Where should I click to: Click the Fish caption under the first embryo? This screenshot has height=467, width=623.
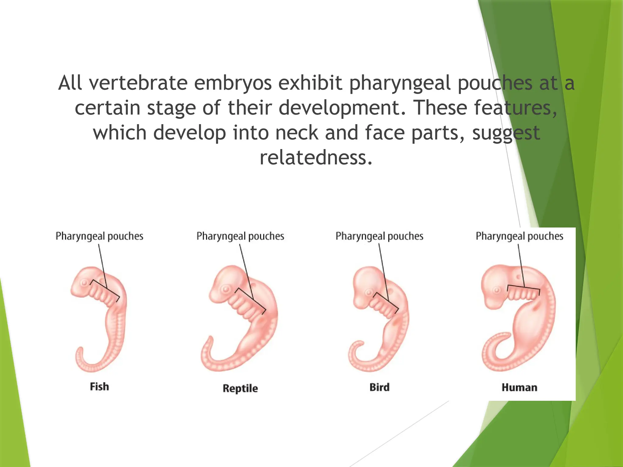click(99, 387)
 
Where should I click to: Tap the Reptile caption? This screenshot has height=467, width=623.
click(240, 388)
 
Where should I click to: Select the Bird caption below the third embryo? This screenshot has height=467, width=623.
click(379, 387)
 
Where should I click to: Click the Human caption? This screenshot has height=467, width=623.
click(519, 387)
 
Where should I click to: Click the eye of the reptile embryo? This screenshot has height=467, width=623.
click(225, 289)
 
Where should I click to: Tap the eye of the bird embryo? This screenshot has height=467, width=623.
click(369, 293)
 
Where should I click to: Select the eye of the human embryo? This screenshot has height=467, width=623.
click(496, 290)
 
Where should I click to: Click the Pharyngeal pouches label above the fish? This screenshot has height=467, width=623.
click(99, 236)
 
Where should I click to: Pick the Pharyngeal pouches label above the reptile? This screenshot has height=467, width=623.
click(240, 236)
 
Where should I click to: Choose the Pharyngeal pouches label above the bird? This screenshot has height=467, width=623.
click(379, 236)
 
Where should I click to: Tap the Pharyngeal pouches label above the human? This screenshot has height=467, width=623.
click(519, 236)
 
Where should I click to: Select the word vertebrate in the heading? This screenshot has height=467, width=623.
click(138, 83)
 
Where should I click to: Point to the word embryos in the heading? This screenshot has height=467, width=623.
click(233, 83)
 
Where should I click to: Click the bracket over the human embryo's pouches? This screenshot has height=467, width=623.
click(523, 287)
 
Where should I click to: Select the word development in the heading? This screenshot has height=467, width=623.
click(342, 108)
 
